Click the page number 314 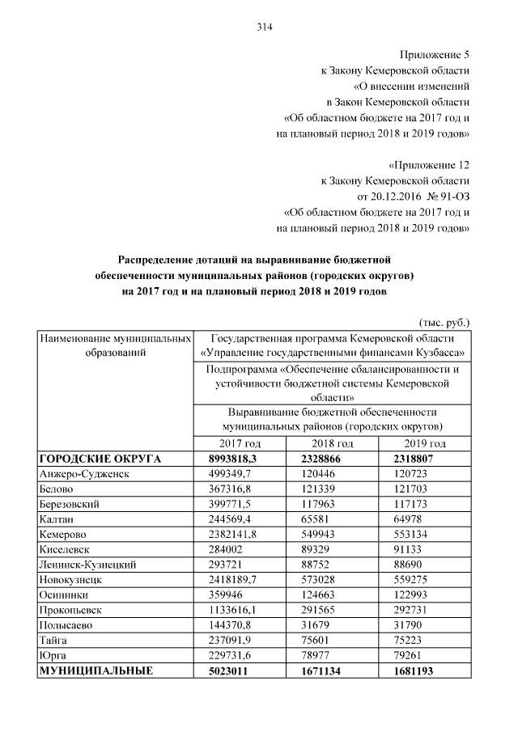pos(264,27)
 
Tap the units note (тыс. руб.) pos(444,322)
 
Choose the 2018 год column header pos(332,443)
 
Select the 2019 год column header pos(425,443)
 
